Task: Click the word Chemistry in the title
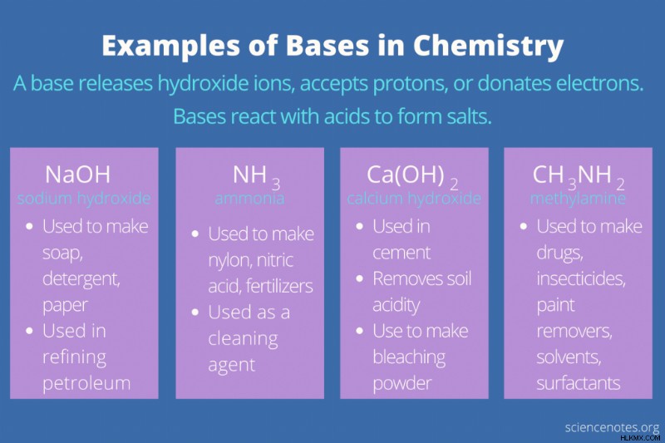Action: (488, 47)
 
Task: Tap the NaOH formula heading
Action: (77, 175)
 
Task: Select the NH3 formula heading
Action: (257, 177)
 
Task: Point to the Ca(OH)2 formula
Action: (412, 177)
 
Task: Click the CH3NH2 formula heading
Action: (579, 177)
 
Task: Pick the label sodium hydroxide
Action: (84, 199)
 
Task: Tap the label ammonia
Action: (249, 199)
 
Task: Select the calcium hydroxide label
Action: (414, 199)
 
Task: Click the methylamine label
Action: (578, 199)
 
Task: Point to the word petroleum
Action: (86, 384)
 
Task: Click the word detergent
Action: (81, 280)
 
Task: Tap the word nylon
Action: (228, 261)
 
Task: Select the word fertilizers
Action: (279, 286)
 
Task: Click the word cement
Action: (401, 253)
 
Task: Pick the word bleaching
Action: (409, 357)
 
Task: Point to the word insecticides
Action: (580, 279)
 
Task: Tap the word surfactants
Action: (579, 383)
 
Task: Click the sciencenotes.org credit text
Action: (612, 428)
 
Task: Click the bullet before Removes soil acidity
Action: (360, 279)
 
